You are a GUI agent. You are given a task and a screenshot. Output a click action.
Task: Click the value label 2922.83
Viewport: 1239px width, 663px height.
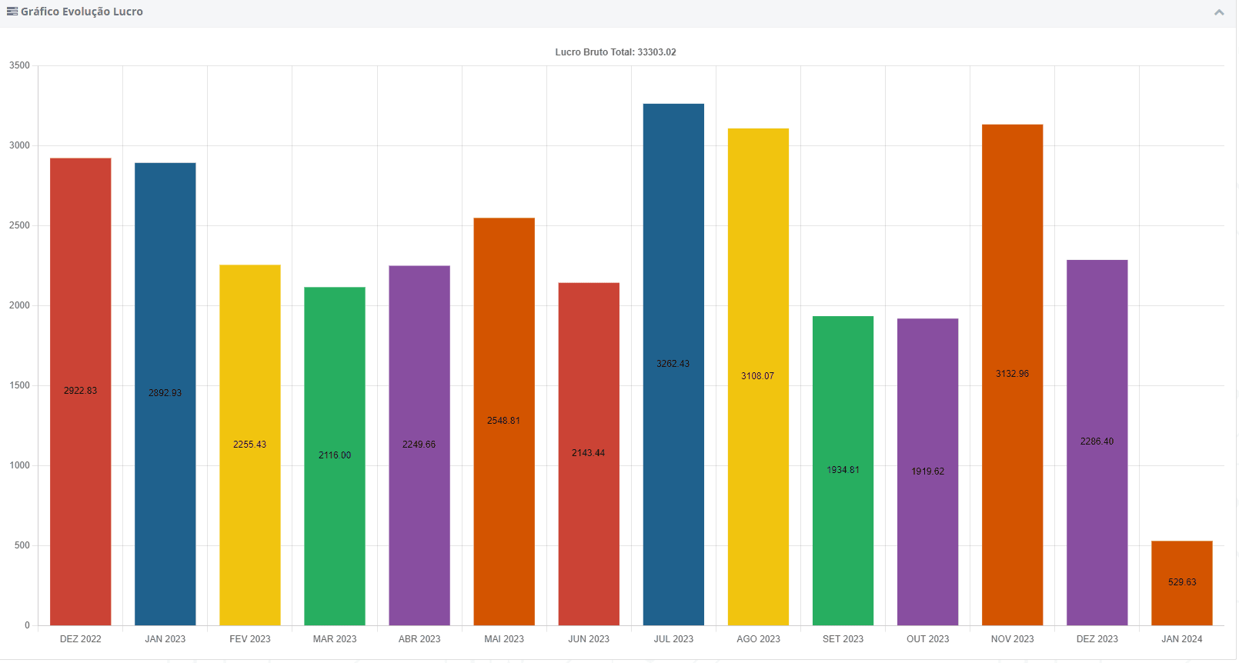tap(81, 391)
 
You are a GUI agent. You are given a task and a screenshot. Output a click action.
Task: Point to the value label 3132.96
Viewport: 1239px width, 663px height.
tap(1012, 374)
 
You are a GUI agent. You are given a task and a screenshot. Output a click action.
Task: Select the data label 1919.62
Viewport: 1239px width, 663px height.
tap(927, 471)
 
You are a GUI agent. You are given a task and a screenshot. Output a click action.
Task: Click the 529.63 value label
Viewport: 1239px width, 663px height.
tap(1182, 582)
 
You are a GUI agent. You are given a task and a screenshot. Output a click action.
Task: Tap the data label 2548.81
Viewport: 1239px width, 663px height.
tap(504, 421)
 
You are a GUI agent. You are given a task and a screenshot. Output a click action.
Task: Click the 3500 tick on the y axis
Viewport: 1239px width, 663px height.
tap(20, 65)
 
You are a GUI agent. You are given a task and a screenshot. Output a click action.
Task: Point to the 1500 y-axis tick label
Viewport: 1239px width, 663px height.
tap(20, 385)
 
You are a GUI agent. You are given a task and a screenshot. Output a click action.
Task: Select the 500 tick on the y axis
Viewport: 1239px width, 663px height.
tap(22, 545)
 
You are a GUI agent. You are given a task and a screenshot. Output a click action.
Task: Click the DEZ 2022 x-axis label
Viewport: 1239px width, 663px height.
tap(81, 639)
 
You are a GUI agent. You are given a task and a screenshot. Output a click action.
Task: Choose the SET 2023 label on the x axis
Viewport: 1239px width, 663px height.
tap(843, 639)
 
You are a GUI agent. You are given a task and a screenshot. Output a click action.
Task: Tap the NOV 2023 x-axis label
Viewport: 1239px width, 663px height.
tap(1012, 639)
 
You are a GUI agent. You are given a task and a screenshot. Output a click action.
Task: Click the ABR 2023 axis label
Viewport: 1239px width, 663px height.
tap(419, 639)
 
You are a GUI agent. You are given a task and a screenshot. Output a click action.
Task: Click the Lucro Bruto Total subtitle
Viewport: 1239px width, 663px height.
tap(616, 52)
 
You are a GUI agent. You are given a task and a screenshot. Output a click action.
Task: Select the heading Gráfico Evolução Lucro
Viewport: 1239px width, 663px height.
tap(82, 12)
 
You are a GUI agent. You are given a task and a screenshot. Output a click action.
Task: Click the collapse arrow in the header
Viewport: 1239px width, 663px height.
tap(1219, 12)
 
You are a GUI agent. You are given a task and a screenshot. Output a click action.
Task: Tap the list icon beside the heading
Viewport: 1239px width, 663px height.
tap(12, 12)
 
